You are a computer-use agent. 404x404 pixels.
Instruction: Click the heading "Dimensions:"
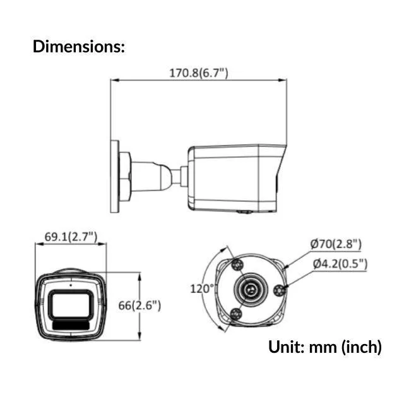tap(78, 46)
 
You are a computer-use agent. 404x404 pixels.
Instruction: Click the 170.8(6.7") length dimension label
tap(198, 73)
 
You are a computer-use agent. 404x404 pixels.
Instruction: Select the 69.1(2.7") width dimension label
tap(70, 237)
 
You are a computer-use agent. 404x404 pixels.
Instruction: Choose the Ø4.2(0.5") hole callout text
tap(338, 264)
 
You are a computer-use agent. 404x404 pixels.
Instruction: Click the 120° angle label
tap(203, 288)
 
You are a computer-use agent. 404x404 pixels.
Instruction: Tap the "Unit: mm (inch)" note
tap(324, 347)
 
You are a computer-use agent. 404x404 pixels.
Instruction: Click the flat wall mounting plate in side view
tap(114, 176)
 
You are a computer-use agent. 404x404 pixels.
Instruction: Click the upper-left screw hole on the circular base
tap(237, 263)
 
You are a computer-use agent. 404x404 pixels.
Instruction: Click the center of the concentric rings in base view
tap(252, 289)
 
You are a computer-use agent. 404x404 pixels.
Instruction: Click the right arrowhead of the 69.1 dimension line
tap(104, 245)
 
